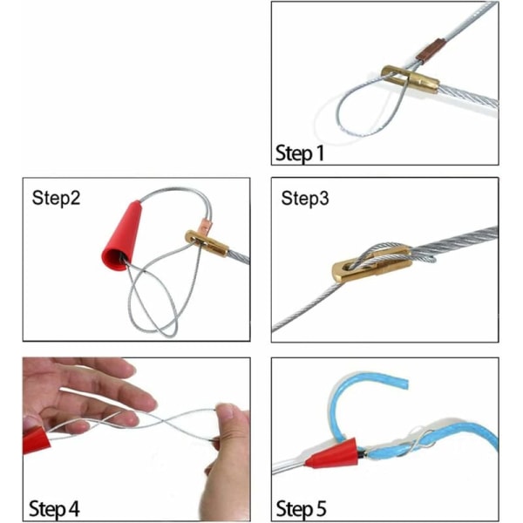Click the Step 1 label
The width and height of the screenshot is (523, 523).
tap(300, 153)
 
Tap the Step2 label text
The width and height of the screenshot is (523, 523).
tap(56, 198)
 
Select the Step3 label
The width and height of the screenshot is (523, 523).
tap(305, 198)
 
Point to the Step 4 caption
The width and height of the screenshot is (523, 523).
tap(54, 509)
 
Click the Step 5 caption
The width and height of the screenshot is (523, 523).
tap(301, 509)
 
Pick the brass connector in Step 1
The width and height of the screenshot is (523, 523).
tap(410, 79)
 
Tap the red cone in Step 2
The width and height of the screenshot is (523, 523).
tap(122, 236)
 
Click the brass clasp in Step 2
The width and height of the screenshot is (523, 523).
tap(207, 243)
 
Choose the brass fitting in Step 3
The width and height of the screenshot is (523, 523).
tap(372, 264)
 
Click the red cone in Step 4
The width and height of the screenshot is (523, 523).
tap(36, 440)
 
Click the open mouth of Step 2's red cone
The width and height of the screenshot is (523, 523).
tap(115, 260)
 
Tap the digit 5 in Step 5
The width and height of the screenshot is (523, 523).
tap(320, 509)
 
